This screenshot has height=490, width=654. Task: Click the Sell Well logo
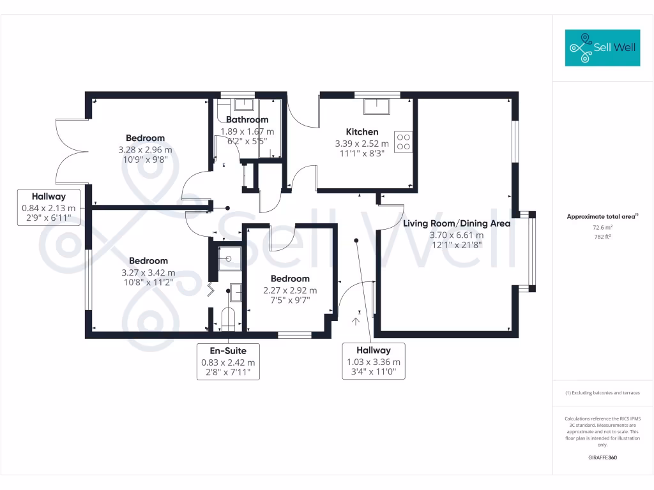602,48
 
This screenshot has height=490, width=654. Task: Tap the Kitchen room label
362,132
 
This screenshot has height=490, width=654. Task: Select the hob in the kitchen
404,141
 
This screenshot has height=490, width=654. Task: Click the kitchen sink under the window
377,106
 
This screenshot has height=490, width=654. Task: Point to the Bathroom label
247,119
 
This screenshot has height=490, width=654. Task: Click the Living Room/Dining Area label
457,223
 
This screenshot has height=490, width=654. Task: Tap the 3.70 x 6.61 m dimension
457,235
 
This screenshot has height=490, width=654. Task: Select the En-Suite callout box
228,361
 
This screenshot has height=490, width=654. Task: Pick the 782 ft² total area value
602,235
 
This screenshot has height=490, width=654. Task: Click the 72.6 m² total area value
602,227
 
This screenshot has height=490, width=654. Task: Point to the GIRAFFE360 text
602,457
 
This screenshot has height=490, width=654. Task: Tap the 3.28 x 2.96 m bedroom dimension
145,149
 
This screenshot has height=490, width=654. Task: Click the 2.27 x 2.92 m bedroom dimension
290,290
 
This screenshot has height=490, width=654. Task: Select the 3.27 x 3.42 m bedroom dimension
148,272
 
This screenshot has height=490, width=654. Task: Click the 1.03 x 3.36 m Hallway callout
374,361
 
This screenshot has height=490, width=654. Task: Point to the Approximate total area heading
602,217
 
